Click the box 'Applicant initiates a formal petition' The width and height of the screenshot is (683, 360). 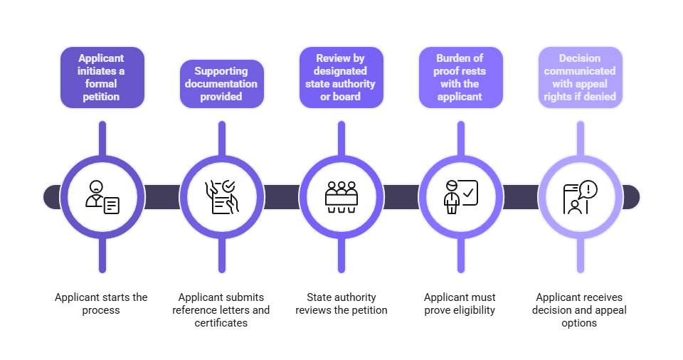[102, 78]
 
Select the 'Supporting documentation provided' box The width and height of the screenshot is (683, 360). [221, 84]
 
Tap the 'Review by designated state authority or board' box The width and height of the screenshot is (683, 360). [341, 78]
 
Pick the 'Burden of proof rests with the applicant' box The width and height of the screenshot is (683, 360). [460, 78]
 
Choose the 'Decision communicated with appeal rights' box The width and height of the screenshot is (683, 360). [580, 78]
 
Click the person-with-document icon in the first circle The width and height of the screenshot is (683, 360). [102, 196]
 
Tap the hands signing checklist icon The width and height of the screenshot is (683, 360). [221, 196]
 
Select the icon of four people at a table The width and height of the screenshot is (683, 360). [341, 196]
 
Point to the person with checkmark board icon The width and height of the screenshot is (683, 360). [460, 196]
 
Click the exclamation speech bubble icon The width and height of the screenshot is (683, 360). [580, 196]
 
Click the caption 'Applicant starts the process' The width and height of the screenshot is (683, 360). [102, 304]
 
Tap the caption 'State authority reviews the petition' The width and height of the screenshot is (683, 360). [341, 304]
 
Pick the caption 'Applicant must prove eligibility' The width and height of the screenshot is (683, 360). [460, 304]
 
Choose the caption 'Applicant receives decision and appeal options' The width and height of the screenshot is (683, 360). [579, 309]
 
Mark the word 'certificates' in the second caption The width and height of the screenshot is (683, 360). [221, 323]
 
